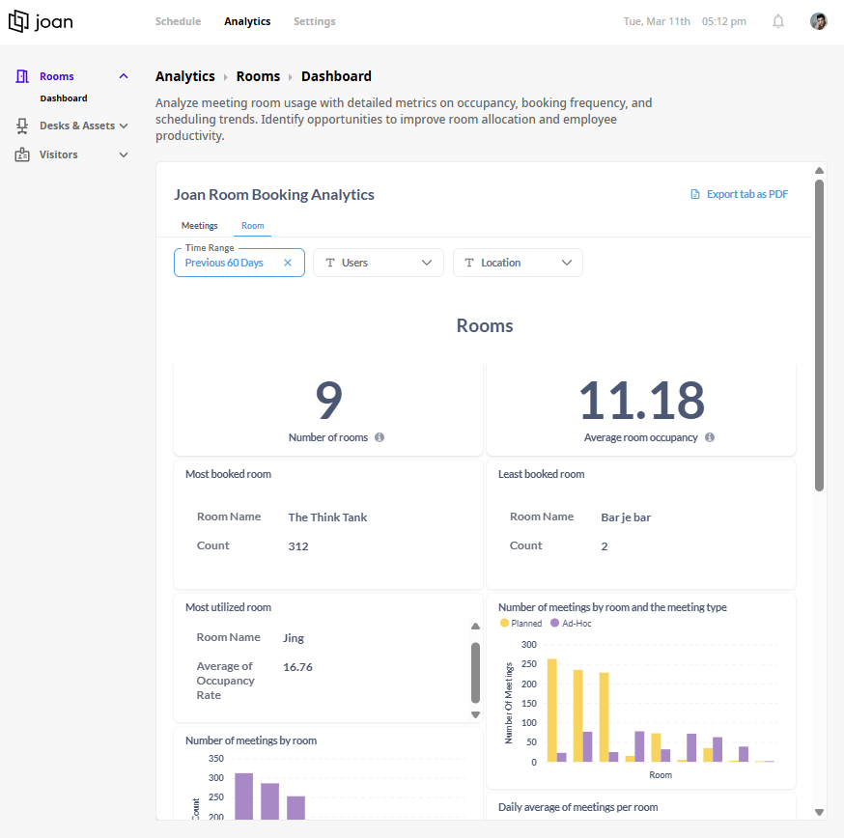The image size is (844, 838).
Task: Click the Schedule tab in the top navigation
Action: tap(178, 21)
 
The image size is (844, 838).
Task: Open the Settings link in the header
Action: tap(315, 21)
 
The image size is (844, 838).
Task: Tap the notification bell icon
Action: tap(777, 21)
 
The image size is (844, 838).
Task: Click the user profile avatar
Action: tap(818, 21)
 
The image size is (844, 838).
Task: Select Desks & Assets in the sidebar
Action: tap(77, 126)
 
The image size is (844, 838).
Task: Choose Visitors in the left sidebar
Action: tap(58, 154)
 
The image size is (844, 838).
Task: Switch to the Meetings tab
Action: tap(199, 226)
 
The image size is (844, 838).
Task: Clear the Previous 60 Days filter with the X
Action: tap(288, 263)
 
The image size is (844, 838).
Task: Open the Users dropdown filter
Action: tap(379, 263)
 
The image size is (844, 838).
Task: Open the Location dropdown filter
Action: tap(518, 263)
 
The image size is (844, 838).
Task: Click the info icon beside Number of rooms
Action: tap(380, 437)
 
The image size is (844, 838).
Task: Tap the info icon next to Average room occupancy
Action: tap(710, 437)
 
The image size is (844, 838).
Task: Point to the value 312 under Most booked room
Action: tap(298, 546)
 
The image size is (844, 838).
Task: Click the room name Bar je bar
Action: tap(626, 517)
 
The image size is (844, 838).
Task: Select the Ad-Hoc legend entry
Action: tap(571, 624)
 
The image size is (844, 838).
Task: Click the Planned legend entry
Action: tap(520, 624)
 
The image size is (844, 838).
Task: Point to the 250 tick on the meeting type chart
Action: tap(528, 663)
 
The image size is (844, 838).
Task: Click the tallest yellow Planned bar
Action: tap(551, 710)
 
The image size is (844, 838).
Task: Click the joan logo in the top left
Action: tap(41, 21)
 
